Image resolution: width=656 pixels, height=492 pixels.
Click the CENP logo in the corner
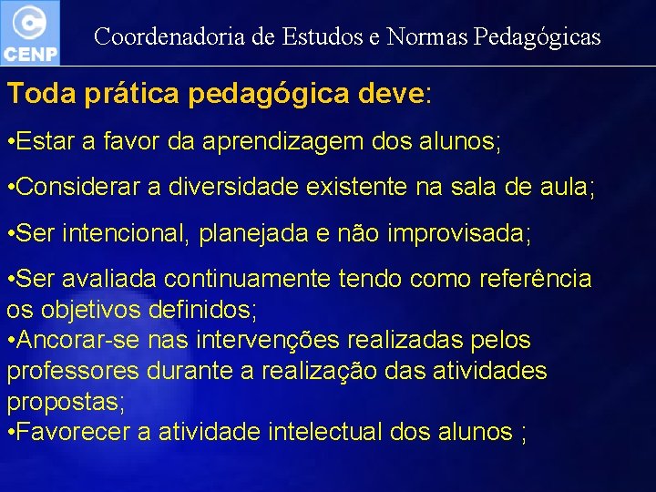point(30,32)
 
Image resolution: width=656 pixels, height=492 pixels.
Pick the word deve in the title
point(392,94)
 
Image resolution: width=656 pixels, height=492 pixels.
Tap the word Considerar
point(75,189)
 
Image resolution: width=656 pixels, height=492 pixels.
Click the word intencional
point(119,233)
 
